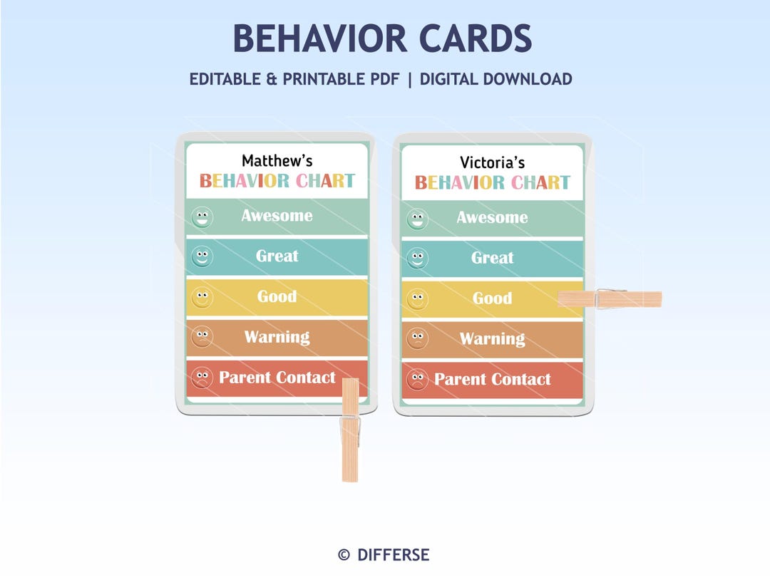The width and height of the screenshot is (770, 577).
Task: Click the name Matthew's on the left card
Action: tap(277, 161)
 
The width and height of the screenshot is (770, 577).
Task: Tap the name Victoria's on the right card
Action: tap(492, 162)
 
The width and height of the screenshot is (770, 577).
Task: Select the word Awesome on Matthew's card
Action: tap(277, 215)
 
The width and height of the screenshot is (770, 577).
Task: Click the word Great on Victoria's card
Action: tap(492, 258)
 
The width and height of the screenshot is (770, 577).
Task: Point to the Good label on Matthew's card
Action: tap(277, 296)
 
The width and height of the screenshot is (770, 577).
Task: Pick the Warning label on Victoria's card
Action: tap(492, 338)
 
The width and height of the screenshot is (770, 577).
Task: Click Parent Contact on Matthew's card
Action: tap(277, 378)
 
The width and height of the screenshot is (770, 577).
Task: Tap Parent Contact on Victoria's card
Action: tap(492, 379)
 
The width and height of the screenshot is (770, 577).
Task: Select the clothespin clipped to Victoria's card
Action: tap(610, 298)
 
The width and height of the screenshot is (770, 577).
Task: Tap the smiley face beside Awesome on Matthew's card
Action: tap(202, 217)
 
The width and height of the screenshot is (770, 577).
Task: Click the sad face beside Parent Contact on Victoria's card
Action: tap(417, 380)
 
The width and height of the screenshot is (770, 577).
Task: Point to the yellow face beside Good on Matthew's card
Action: tap(202, 297)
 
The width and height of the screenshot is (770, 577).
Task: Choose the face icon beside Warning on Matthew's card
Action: tap(202, 337)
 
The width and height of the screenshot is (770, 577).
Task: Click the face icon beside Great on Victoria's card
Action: tap(417, 259)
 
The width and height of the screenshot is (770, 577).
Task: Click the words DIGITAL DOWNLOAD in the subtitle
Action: tap(496, 79)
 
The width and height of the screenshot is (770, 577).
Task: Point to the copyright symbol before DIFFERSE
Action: tap(344, 555)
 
